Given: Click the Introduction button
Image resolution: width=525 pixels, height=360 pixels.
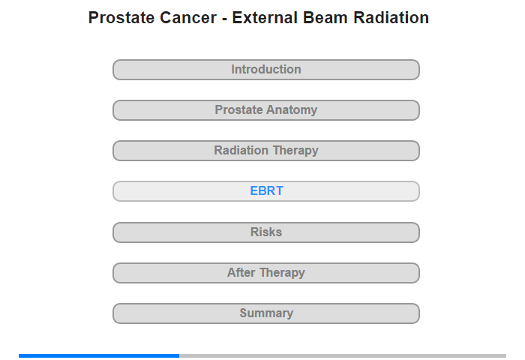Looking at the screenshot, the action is point(266,70).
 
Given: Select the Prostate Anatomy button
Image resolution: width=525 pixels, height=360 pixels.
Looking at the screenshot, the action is point(266,110).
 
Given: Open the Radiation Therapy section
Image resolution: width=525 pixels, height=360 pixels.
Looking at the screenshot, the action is point(266,151).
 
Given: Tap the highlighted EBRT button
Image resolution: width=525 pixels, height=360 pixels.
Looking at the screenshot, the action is point(266,191).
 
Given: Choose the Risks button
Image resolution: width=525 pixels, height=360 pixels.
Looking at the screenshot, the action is point(266,232).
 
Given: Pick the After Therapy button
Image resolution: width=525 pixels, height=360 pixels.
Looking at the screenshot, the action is point(266,273).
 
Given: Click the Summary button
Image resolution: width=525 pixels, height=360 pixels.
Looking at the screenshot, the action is point(266,313).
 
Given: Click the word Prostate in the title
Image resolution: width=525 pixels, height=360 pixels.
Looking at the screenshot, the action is point(121,18).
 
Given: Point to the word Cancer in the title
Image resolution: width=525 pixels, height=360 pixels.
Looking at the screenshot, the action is point(188,18).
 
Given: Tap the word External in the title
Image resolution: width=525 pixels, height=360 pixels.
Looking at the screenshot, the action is point(265,18).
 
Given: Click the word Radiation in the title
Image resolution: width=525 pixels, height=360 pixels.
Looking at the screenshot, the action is point(391,18).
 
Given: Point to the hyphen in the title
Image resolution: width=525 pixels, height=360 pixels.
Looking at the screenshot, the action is point(224,19).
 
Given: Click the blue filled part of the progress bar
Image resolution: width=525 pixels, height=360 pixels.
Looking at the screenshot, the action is point(99,355).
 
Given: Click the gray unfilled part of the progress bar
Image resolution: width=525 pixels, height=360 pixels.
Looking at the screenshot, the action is point(343,355).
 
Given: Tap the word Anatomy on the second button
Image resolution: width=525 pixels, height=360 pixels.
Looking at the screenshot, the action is point(292,110).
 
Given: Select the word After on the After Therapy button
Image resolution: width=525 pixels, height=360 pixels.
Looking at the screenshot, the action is point(241,272).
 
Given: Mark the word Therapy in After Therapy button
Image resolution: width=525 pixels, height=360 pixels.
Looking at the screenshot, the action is point(282,273).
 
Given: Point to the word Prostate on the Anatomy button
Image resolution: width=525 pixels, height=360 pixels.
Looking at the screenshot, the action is point(238,109).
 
